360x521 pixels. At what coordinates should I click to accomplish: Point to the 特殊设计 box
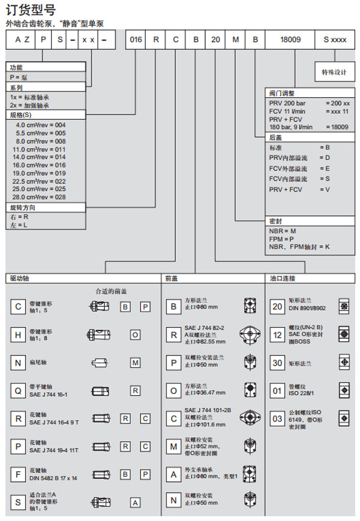click(334, 72)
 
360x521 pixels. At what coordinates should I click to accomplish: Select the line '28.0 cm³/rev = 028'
click(41, 197)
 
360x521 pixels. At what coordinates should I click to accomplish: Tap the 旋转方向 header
click(22, 207)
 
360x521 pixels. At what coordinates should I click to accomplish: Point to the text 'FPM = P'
click(281, 238)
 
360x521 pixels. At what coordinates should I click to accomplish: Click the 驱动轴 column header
click(20, 278)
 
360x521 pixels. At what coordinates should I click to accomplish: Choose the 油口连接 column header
click(283, 278)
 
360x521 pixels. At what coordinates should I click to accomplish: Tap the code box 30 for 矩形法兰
click(277, 363)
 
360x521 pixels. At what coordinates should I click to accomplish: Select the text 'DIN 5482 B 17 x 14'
click(55, 478)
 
